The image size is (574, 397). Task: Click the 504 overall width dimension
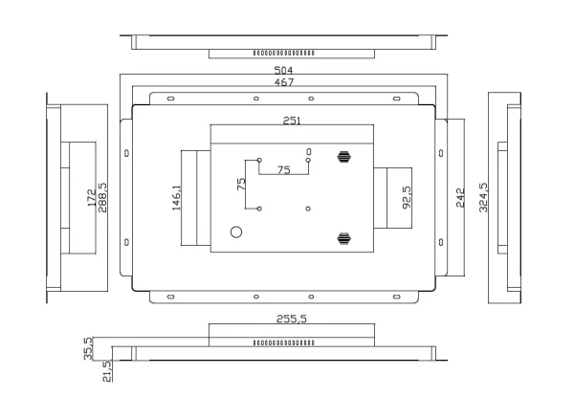(x=284, y=71)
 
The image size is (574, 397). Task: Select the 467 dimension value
(x=284, y=83)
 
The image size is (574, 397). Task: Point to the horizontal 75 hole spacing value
(x=284, y=169)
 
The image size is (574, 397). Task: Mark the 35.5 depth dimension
(x=88, y=346)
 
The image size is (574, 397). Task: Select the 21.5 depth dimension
(x=106, y=368)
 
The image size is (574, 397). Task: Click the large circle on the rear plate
(x=236, y=232)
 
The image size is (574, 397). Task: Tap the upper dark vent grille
(x=342, y=156)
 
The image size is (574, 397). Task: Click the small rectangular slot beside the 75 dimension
(x=308, y=151)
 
